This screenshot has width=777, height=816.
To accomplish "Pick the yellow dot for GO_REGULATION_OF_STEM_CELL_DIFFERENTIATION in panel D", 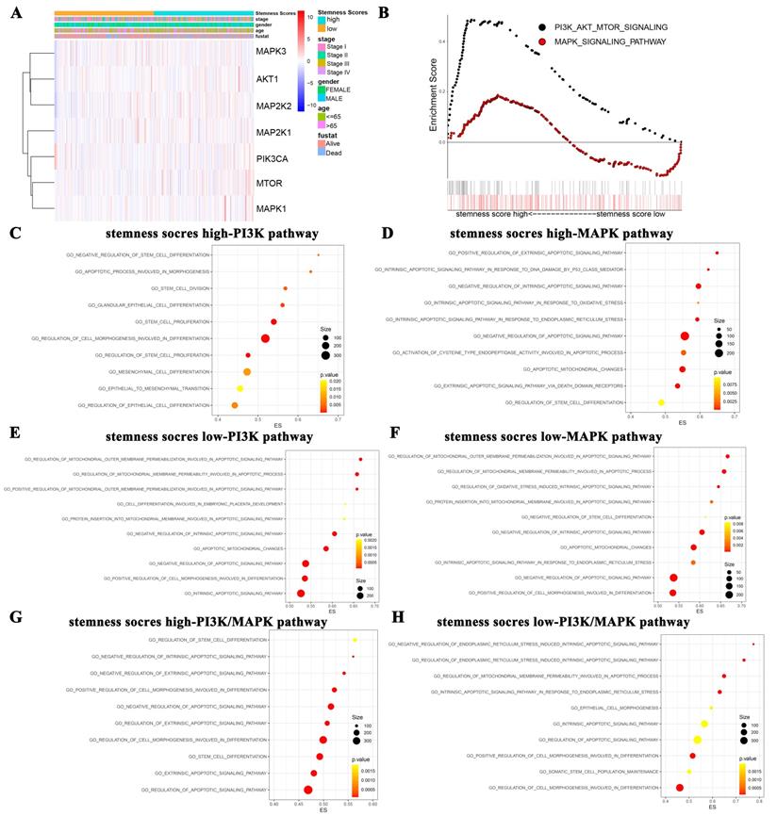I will tap(661, 402).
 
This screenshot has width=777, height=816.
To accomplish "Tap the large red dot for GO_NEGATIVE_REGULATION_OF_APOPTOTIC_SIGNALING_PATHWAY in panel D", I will tap(685, 335).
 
